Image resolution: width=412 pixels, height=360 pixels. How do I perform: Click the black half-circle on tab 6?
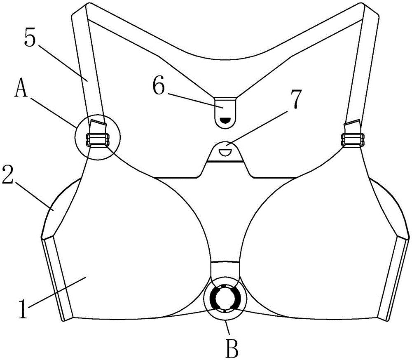click(x=225, y=120)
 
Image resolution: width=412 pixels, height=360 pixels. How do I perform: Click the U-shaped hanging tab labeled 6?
click(x=225, y=111)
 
